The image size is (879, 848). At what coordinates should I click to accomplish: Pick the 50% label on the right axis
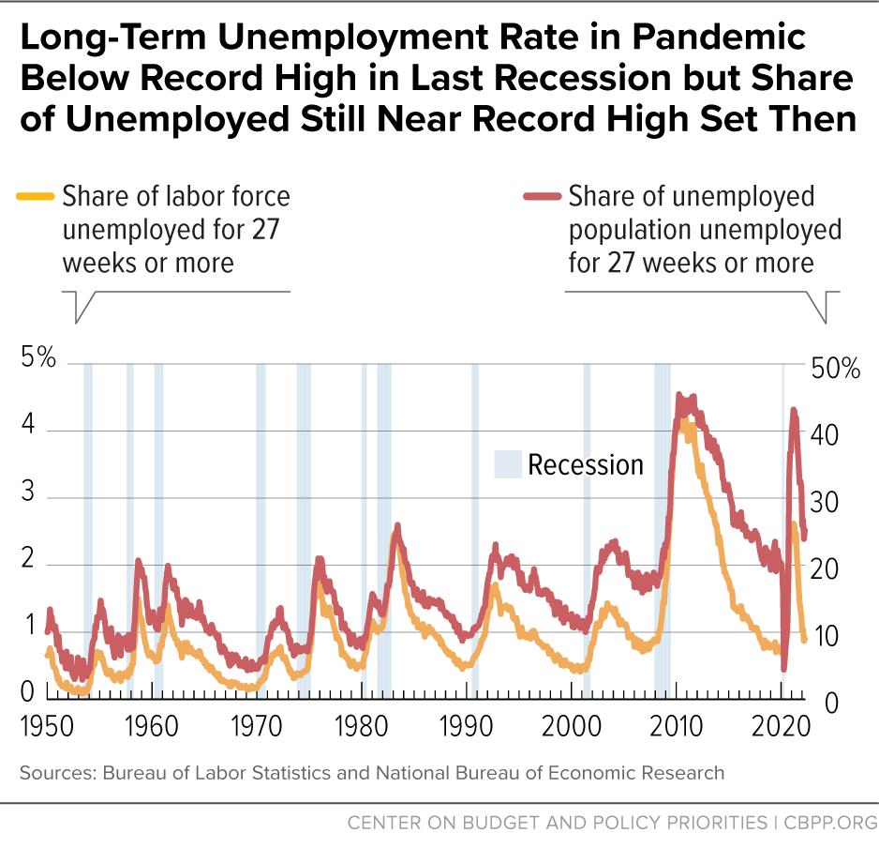pos(836,368)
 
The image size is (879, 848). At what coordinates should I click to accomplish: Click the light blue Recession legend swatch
pos(507,465)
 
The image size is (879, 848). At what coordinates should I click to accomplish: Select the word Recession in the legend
pos(585,465)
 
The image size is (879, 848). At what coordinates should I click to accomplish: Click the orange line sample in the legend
pos(35,197)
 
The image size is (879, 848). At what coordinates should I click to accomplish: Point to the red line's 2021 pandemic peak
pos(794,410)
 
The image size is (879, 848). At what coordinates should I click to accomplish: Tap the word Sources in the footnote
pos(52,773)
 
